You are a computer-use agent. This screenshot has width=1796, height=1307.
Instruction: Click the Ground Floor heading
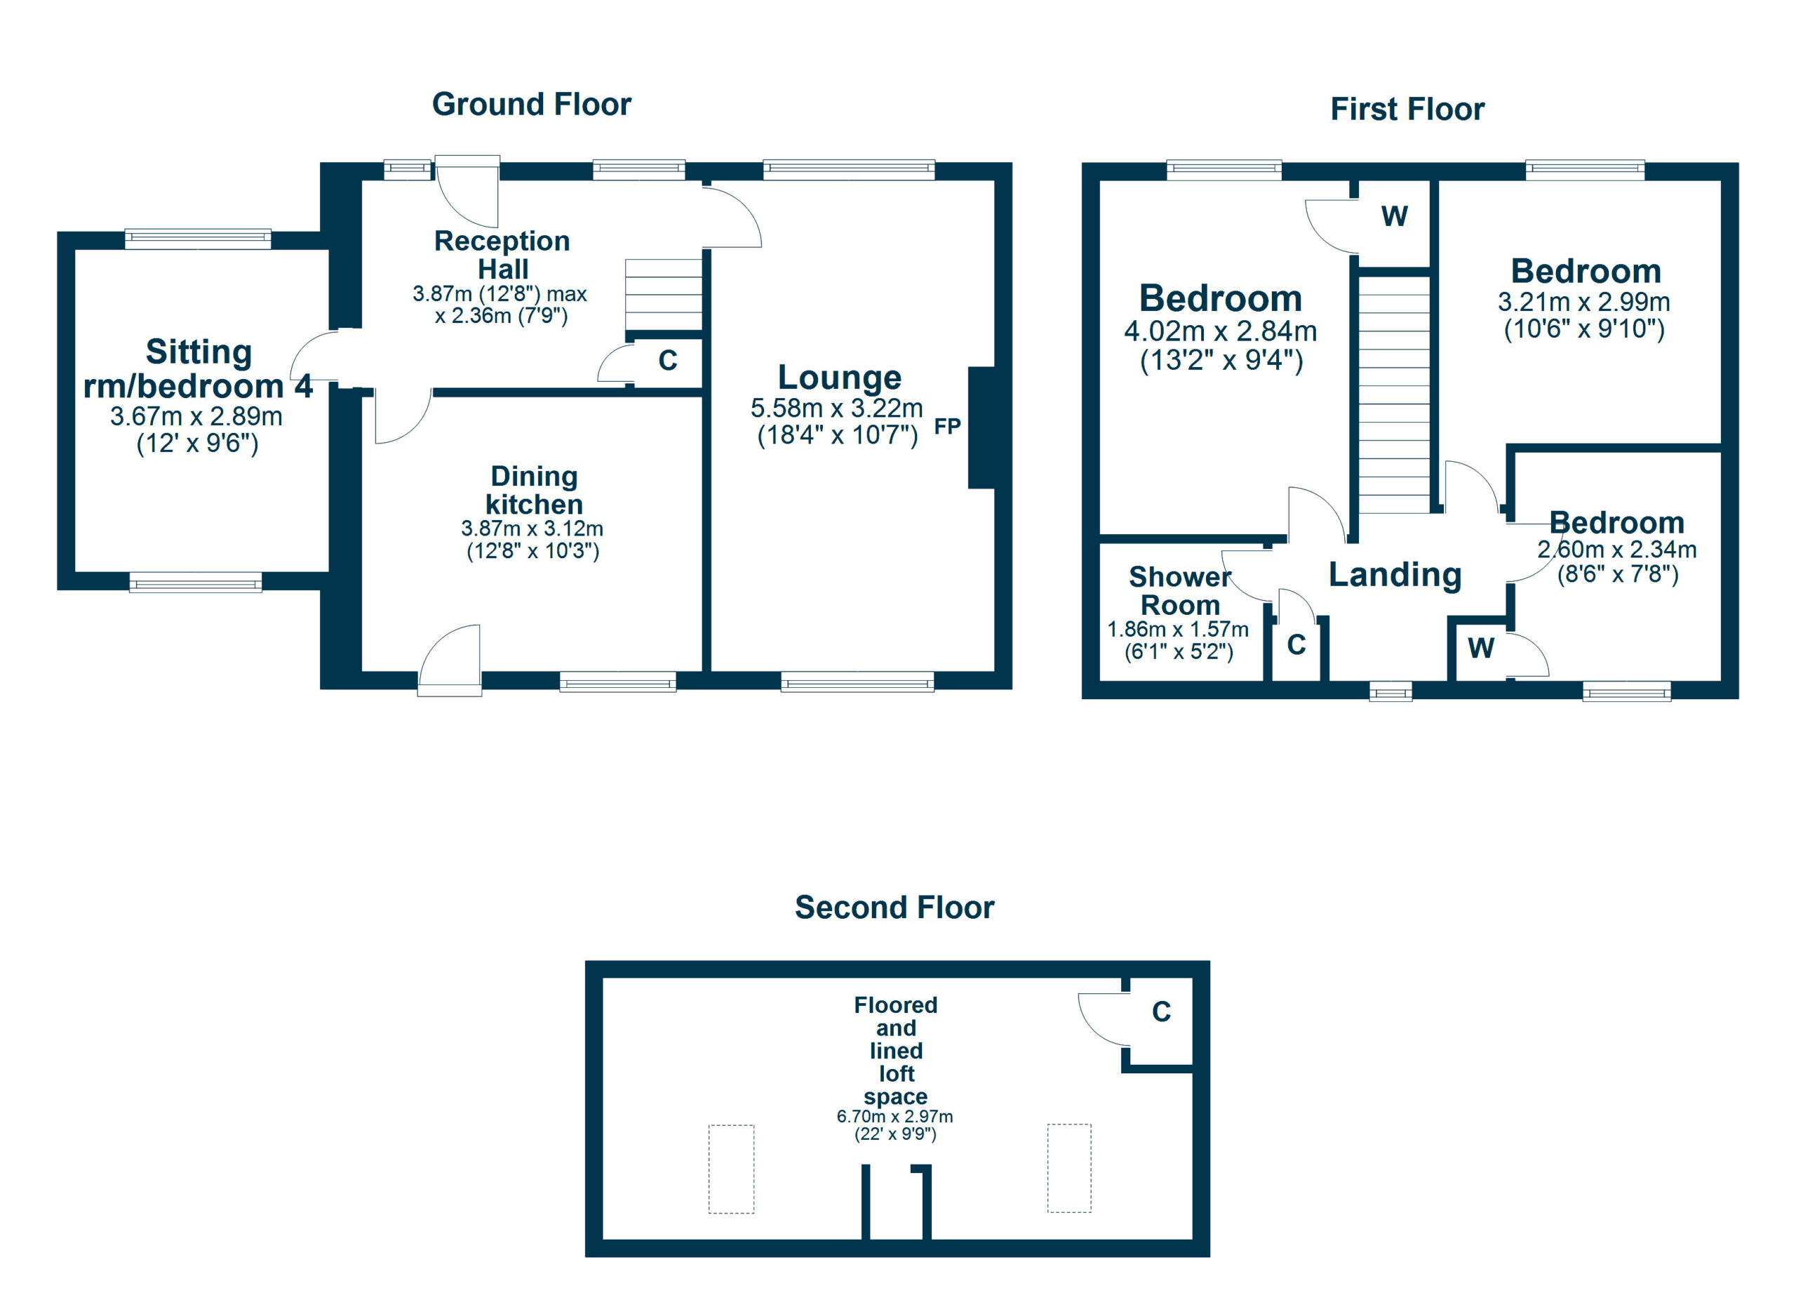[531, 105]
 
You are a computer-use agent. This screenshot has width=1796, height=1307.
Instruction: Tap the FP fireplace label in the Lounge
[947, 427]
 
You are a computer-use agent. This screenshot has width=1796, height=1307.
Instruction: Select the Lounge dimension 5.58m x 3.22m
[836, 409]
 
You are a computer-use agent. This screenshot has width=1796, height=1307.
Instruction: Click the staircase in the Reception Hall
[664, 295]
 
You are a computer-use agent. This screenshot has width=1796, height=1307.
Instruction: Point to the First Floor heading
[1407, 110]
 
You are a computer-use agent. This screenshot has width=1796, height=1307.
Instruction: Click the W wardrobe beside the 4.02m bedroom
[1395, 216]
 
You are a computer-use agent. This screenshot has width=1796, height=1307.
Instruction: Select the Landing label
[1395, 574]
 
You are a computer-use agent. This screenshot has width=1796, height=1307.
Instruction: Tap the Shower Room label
[1180, 591]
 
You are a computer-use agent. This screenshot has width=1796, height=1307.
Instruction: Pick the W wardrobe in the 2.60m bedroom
[1481, 649]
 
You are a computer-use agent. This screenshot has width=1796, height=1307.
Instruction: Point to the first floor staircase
[1395, 396]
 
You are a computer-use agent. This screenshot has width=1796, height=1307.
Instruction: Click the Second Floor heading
[894, 908]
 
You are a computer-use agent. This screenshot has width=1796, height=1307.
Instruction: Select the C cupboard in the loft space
[1161, 1012]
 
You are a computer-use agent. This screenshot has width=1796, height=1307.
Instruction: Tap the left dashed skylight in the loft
[731, 1169]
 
